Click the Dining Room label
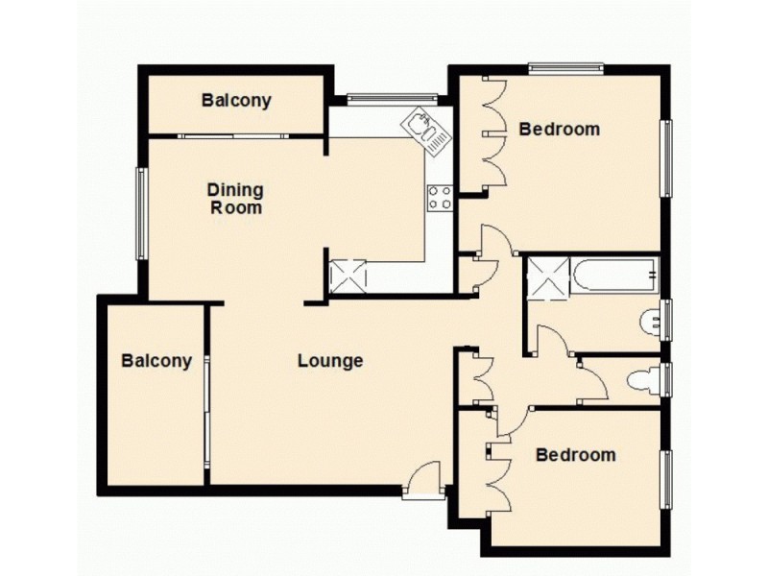click(235, 199)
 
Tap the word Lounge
click(330, 361)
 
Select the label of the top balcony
click(236, 100)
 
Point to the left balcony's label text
click(156, 361)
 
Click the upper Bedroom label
click(559, 129)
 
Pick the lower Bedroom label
click(575, 454)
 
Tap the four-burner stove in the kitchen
click(440, 197)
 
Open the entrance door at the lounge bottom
click(422, 480)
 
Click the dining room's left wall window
click(141, 213)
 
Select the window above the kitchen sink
click(392, 96)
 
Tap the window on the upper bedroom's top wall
click(565, 67)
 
